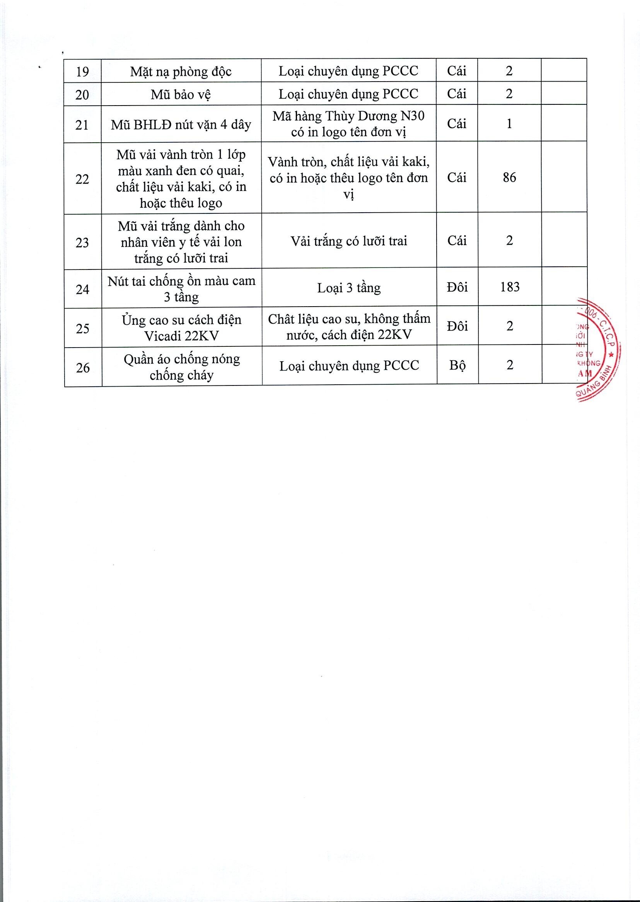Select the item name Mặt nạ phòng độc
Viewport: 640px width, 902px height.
(181, 72)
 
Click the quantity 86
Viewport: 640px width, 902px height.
(509, 177)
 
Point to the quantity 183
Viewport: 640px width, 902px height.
(510, 287)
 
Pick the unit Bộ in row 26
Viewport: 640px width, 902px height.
(457, 366)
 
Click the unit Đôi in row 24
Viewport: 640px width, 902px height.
(457, 288)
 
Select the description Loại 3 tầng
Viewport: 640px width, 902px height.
(349, 288)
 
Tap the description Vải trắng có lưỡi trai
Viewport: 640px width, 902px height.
(349, 241)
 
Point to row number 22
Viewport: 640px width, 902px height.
(82, 179)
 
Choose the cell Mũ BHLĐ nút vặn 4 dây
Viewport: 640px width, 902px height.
(181, 125)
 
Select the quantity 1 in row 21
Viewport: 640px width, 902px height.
(509, 124)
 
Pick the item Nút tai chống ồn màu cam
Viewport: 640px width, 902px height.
(181, 289)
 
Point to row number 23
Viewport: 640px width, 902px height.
(82, 242)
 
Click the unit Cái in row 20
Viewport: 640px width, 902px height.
(457, 94)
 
